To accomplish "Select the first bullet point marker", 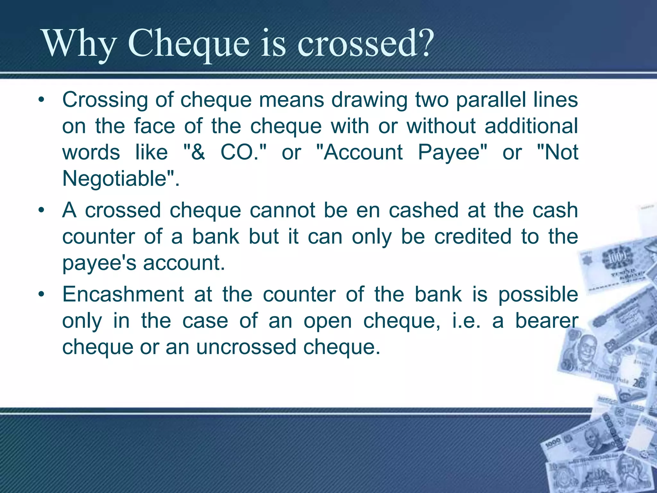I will coord(41,100).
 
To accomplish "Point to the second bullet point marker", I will coord(41,211).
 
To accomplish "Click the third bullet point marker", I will coord(41,294).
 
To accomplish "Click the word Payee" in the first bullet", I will coord(453,152).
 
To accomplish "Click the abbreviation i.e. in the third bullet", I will coord(466,321).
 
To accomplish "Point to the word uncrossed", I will coord(246,347).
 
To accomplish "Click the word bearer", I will coord(547,321).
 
